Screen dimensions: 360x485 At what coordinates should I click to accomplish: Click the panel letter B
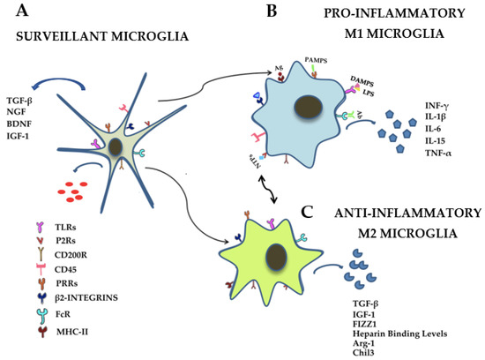(270, 11)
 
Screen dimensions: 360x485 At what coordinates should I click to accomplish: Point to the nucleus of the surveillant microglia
(118, 147)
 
